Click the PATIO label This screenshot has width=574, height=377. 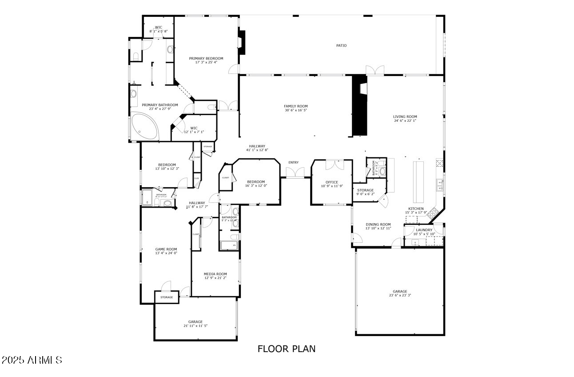tap(341, 45)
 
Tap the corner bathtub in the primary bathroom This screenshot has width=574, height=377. tap(144, 126)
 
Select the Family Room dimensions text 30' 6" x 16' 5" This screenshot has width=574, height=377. tap(296, 110)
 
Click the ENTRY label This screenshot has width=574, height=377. tap(293, 162)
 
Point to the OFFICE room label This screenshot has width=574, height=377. tap(331, 182)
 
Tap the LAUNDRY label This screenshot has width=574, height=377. tap(424, 230)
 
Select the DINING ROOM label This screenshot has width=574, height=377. tap(378, 225)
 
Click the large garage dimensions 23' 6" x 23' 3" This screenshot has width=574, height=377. tap(400, 296)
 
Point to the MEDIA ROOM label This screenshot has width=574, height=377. tap(215, 274)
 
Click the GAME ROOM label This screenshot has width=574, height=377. tap(166, 249)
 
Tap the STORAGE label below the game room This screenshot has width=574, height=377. tap(167, 297)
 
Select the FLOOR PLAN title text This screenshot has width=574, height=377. tap(287, 349)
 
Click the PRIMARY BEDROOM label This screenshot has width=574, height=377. tap(206, 58)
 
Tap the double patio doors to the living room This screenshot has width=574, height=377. tap(375, 70)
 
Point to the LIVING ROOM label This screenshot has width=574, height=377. tap(405, 116)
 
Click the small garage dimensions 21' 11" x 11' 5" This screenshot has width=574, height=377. tap(195, 326)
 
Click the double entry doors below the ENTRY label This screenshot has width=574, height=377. tap(295, 172)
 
